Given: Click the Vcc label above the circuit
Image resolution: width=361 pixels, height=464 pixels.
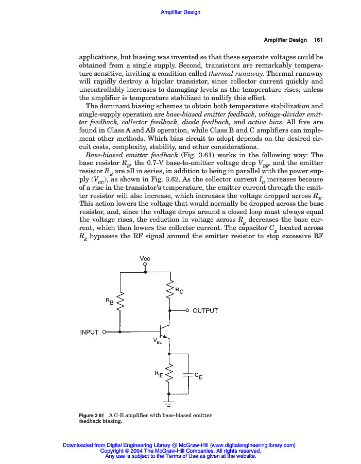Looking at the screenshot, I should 145,258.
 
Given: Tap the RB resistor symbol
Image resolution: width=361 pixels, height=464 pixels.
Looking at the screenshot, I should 120,302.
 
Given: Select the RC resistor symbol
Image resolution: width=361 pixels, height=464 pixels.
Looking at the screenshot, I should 169,291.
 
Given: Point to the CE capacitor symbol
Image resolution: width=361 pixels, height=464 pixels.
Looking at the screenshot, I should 190,375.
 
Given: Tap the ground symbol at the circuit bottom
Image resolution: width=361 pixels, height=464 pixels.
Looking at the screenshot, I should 169,403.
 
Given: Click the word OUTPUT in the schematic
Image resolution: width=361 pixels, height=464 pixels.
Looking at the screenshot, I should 205,311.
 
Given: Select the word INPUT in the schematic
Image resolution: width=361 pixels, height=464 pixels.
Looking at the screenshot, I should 89,332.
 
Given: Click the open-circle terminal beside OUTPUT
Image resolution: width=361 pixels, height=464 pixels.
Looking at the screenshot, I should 187,311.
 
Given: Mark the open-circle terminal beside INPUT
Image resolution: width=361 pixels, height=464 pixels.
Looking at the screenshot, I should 104,332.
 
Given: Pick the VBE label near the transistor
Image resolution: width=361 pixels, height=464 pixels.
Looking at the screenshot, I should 158,341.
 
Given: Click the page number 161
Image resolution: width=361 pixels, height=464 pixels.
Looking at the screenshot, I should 318,40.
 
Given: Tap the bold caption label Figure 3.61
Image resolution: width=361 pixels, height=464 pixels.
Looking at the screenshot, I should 92,415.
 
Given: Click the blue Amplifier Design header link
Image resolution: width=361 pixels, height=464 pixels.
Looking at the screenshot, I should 180,12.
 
